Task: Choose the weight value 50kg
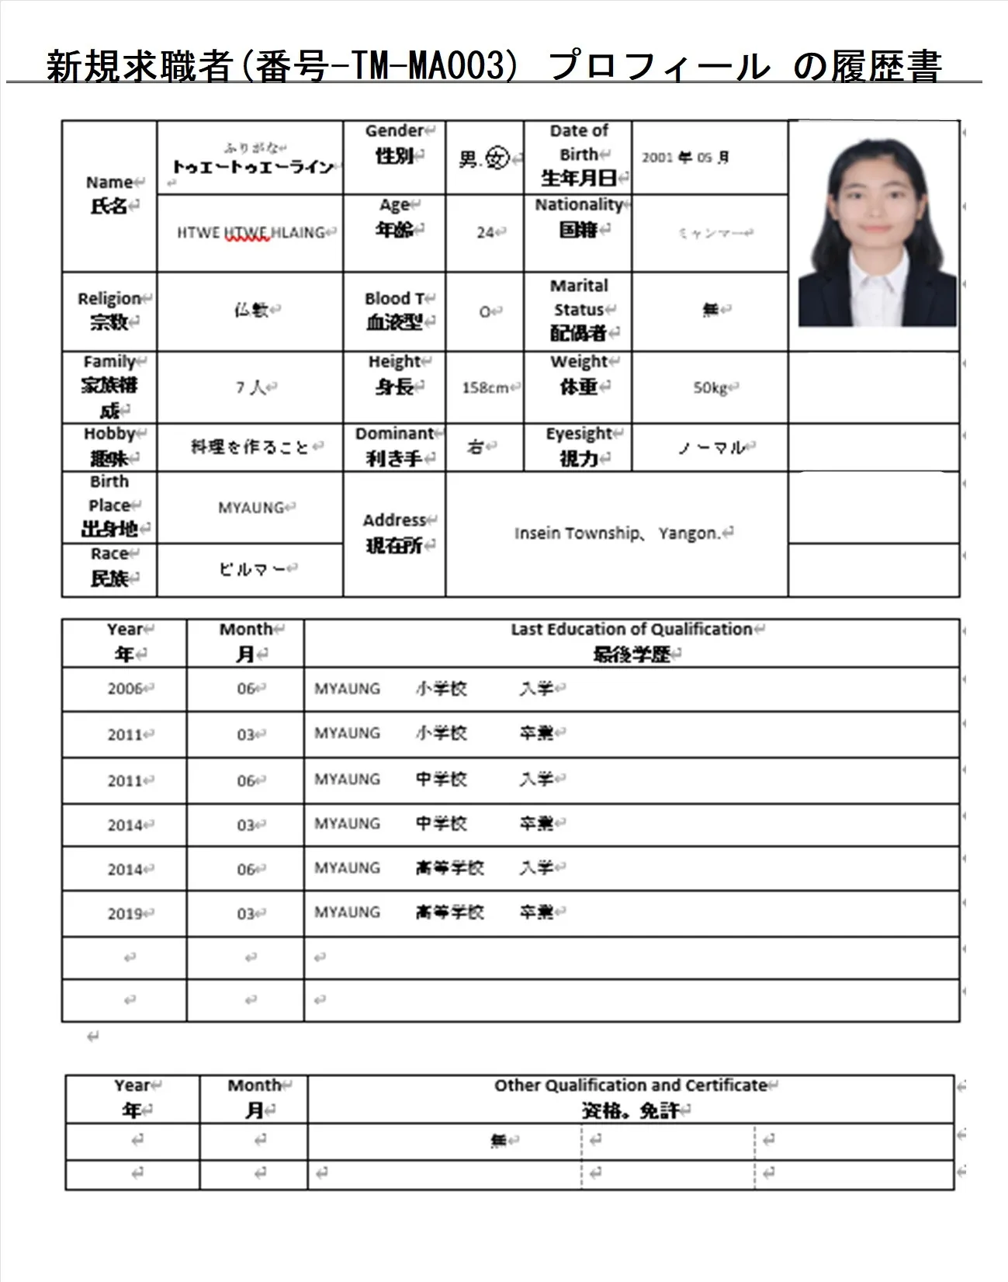click(x=710, y=387)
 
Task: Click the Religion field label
click(x=109, y=310)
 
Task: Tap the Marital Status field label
click(x=578, y=310)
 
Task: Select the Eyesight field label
click(x=578, y=446)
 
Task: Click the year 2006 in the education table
click(x=125, y=689)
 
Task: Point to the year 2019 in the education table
click(x=125, y=913)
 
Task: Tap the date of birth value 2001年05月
click(x=684, y=158)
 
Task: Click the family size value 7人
click(x=251, y=387)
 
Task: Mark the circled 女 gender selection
click(x=497, y=159)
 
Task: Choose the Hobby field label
click(x=109, y=446)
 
